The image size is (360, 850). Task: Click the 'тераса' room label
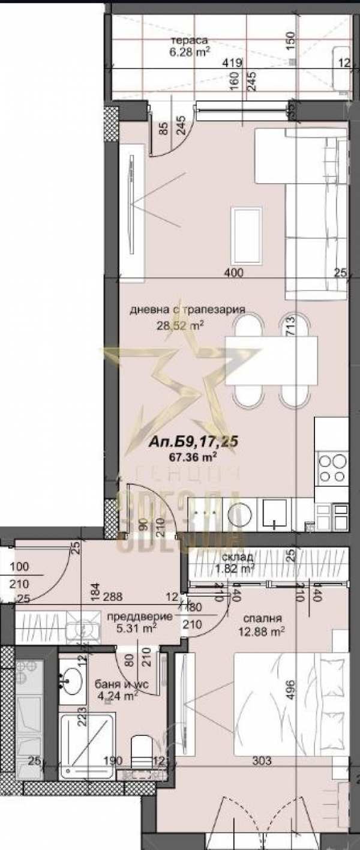pos(189,40)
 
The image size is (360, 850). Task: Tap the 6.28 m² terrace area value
pos(189,52)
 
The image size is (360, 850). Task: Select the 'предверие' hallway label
pos(140,616)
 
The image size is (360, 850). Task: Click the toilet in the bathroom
pos(142,753)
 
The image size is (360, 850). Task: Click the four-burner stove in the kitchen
pos(332,468)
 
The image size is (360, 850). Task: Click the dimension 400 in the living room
pos(233,274)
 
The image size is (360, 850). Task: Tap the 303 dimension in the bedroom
pos(262,761)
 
